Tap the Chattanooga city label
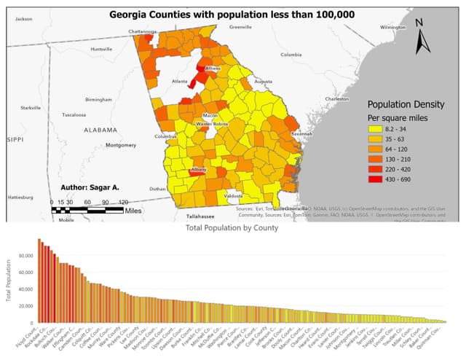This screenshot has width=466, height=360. pos(142,32)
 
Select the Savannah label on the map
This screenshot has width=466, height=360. pos(301,135)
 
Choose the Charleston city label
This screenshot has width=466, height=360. pos(337,98)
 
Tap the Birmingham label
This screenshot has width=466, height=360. pos(98,99)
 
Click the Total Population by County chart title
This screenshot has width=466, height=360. pos(232,229)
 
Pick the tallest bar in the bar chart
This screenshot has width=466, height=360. pos(39,281)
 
